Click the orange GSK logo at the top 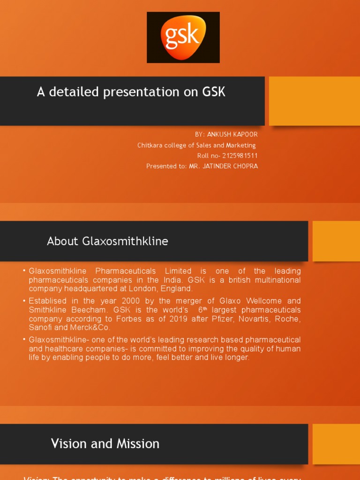pyautogui.click(x=183, y=37)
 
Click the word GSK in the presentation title pyautogui.click(x=214, y=92)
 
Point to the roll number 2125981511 pyautogui.click(x=240, y=156)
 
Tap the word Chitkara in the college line pyautogui.click(x=149, y=145)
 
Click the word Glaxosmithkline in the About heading pyautogui.click(x=125, y=241)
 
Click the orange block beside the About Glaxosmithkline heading pyautogui.click(x=336, y=241)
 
